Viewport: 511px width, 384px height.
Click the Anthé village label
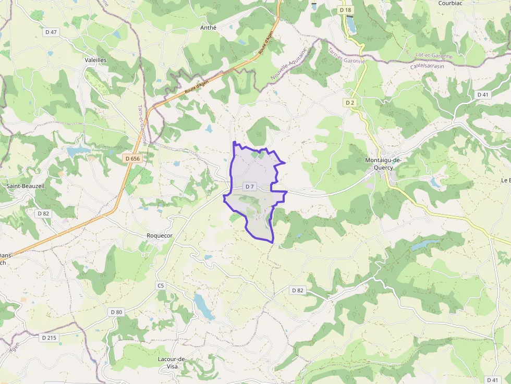tap(208, 28)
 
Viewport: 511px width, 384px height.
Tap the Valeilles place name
tap(95, 60)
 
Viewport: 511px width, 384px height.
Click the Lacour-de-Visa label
tap(172, 363)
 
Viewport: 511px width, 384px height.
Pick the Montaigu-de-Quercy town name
tap(383, 164)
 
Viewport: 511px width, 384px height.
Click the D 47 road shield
tap(51, 32)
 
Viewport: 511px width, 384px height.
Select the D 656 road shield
tap(133, 158)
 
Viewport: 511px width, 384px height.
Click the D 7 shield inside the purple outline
tap(250, 187)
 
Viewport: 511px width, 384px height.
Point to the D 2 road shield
tap(350, 103)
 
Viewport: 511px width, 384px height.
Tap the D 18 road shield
tap(345, 10)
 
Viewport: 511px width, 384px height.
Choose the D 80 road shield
tap(116, 312)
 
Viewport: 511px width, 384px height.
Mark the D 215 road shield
tap(49, 338)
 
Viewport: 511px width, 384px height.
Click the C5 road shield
tap(161, 286)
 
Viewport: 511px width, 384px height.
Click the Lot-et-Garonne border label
tap(434, 55)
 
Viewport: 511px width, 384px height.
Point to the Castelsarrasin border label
tap(428, 66)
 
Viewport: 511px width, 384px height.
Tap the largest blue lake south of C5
tap(203, 306)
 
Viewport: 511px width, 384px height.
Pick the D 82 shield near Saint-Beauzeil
tap(43, 213)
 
